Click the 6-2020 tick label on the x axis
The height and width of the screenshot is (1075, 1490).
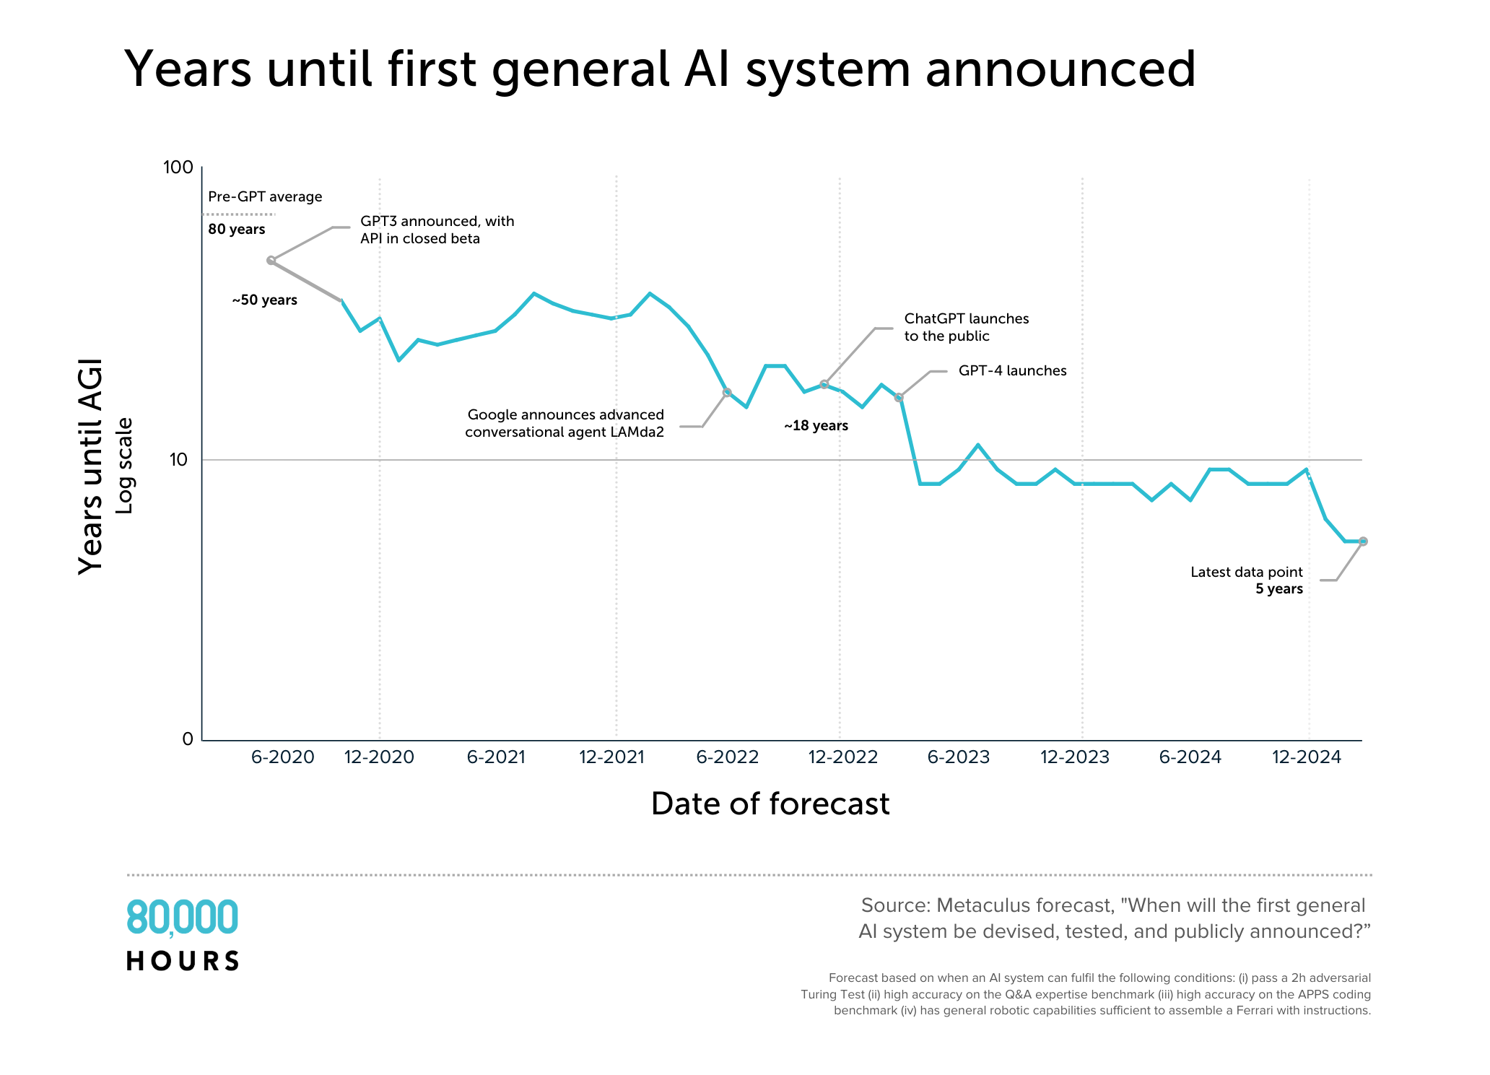click(x=282, y=757)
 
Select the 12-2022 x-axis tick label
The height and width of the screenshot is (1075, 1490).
click(x=842, y=757)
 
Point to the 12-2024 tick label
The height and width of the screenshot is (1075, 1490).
click(x=1306, y=757)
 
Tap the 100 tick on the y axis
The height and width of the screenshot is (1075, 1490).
click(x=178, y=167)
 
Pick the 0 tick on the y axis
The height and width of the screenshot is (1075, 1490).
click(x=188, y=739)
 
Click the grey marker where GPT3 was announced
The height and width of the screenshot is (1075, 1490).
click(x=271, y=261)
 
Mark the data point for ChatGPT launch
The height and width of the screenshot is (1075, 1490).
click(x=824, y=384)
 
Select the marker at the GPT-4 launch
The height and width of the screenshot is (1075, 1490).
click(x=899, y=397)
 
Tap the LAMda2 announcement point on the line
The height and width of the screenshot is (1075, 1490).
click(x=727, y=393)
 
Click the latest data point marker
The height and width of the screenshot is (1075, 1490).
click(x=1363, y=541)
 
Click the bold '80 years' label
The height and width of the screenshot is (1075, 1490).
click(x=237, y=230)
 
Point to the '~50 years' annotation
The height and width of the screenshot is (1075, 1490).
click(x=264, y=300)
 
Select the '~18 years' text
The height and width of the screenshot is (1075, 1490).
click(x=816, y=426)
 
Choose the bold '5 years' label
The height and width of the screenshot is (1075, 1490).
click(x=1278, y=589)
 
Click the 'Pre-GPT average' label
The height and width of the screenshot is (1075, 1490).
click(x=265, y=196)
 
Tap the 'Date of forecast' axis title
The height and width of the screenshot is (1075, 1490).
click(x=770, y=804)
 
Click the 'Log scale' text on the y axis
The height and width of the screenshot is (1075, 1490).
click(x=125, y=466)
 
